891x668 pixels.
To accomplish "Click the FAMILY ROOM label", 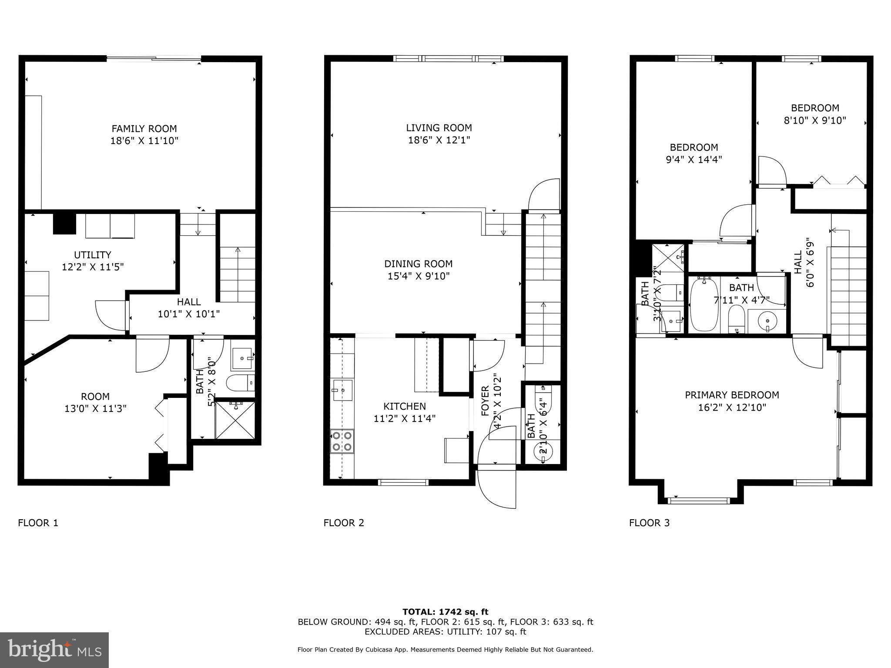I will pos(144,129).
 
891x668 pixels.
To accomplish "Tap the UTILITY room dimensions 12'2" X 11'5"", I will pos(93,267).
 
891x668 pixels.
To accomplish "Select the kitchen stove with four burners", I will pos(342,441).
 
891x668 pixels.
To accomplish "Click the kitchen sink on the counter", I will pos(343,390).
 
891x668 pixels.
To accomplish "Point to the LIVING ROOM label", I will pos(439,128).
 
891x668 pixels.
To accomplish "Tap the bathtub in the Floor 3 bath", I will pos(703,305).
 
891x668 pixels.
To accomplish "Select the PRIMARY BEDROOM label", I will pos(732,395).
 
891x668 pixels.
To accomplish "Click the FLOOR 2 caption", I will pos(343,523).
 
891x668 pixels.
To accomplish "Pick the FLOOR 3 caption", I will pos(649,523).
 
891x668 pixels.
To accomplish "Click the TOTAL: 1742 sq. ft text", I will pos(445,612).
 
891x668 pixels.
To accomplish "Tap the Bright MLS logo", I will pos(54,650).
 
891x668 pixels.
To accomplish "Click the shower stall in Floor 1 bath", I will pos(235,420).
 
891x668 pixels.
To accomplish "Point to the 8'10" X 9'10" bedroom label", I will pos(814,120).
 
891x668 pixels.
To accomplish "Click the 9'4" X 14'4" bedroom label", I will pos(693,160).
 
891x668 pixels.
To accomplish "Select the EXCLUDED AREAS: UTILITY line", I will pos(445,632).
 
